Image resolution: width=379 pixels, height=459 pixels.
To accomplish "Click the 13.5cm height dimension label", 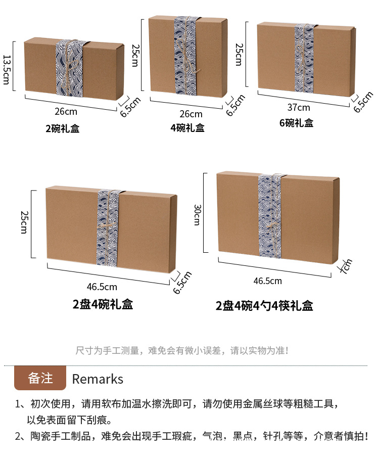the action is pos(7,69).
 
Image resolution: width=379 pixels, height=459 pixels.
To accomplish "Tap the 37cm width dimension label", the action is pos(299,107).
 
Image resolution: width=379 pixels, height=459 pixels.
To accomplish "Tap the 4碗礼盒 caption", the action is pos(187,128).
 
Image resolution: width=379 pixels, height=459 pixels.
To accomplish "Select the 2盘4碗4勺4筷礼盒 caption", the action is pos(264,306).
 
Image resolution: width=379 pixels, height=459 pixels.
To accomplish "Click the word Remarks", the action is pos(98,379).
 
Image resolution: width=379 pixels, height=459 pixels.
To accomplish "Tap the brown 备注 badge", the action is pos(40,378).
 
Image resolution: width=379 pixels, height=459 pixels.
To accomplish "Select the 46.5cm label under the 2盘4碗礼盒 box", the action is pos(102,287).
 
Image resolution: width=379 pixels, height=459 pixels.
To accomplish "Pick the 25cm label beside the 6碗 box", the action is pos(239,55).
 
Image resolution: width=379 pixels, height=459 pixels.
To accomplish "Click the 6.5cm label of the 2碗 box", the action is pos(130,107).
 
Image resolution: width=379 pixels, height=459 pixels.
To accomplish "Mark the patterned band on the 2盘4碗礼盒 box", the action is pos(109,227).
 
